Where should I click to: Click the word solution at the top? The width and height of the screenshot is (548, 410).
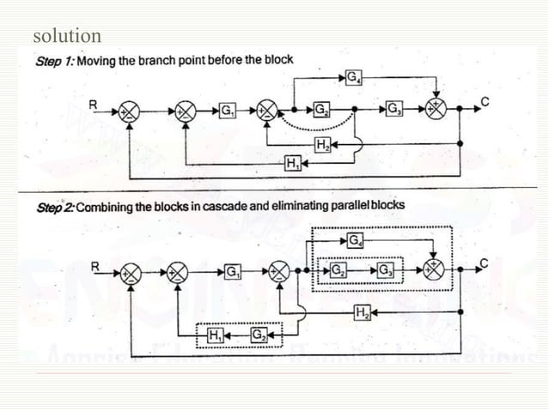point(66,36)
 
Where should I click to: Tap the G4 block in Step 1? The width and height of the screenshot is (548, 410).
point(353,79)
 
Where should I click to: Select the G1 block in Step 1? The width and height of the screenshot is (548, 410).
point(228,111)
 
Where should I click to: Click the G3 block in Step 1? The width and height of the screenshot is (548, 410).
point(394,111)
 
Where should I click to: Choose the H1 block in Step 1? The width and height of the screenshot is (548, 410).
point(292,163)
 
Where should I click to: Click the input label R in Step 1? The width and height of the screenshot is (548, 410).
point(94,103)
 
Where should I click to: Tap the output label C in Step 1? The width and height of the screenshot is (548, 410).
point(484,102)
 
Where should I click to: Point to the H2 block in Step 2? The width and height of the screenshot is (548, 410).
point(361,312)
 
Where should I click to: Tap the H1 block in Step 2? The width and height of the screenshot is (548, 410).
point(216,334)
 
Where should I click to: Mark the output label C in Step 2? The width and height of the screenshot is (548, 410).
point(484,263)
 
